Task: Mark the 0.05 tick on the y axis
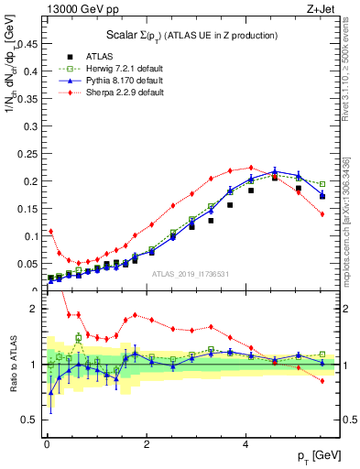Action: pos(29,264)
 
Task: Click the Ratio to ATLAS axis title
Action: pos(11,361)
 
